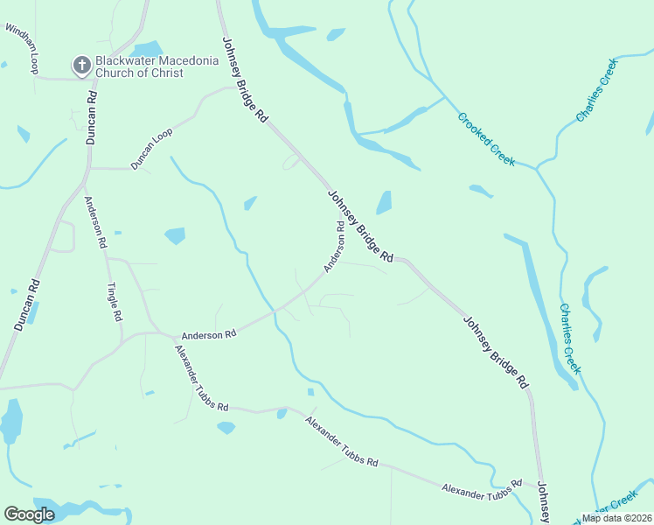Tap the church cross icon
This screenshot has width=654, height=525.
point(81,65)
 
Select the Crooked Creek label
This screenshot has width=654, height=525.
point(485,139)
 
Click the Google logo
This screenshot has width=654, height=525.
point(30,514)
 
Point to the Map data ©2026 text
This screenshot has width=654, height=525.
point(617,518)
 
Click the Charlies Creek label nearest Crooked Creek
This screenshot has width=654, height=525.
point(596,90)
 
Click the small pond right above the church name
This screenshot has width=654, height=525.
point(145,48)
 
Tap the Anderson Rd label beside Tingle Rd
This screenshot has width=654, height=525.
point(94,221)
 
